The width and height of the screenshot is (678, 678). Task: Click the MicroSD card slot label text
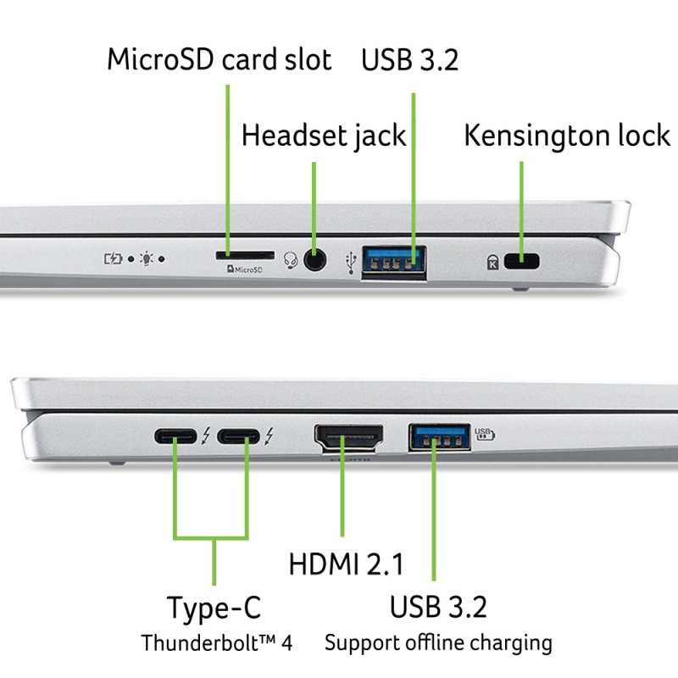click(220, 60)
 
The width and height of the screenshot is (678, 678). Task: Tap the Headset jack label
click(324, 136)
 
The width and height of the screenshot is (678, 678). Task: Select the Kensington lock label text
click(567, 136)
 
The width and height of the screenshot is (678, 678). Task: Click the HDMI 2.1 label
click(346, 564)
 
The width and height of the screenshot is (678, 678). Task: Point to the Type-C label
click(214, 608)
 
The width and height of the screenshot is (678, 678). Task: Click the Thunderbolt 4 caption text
click(216, 642)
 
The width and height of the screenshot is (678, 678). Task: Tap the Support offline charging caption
click(438, 642)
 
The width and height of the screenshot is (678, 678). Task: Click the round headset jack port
click(315, 259)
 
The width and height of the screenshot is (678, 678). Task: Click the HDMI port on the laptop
click(349, 437)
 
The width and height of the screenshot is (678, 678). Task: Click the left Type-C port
click(175, 437)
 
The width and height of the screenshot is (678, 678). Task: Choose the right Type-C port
click(239, 437)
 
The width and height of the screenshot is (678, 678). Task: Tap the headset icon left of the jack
click(292, 260)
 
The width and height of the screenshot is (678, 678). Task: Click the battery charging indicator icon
click(113, 258)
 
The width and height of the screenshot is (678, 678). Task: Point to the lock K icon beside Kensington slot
click(492, 262)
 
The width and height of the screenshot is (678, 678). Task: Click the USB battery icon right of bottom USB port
click(484, 433)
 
